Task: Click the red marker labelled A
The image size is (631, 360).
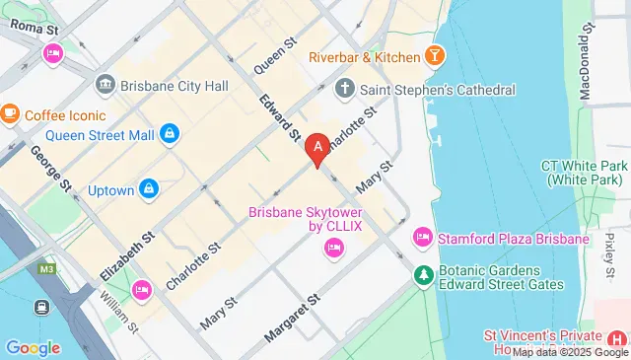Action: tap(317, 150)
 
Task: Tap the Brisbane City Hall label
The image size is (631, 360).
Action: tap(175, 86)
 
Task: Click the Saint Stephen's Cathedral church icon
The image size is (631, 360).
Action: tap(344, 90)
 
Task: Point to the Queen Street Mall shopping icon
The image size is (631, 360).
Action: tap(170, 131)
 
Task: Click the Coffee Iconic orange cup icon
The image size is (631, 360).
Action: tap(9, 114)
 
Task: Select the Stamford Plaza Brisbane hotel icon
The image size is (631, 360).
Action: tap(423, 237)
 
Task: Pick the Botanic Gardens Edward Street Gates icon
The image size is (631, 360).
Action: tap(423, 273)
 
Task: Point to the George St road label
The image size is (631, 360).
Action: tap(51, 168)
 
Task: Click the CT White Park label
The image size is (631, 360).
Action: tap(586, 174)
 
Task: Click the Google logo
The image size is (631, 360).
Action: tap(33, 347)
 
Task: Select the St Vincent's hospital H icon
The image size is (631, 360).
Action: tap(616, 340)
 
